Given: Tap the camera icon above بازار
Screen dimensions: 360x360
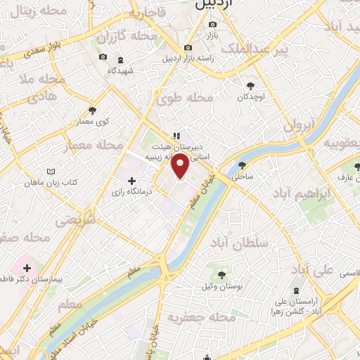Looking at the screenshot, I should click(212, 25).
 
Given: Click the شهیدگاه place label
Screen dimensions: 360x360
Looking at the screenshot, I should click(121, 71).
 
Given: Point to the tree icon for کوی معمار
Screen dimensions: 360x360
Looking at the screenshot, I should click(92, 110).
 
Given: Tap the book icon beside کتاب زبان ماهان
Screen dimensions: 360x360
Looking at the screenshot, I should click(49, 171).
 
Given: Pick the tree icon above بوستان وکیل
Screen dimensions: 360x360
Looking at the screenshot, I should click(222, 274).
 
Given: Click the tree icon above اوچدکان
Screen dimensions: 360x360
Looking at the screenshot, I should click(249, 86).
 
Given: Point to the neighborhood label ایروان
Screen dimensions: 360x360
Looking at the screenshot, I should click(302, 123).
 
